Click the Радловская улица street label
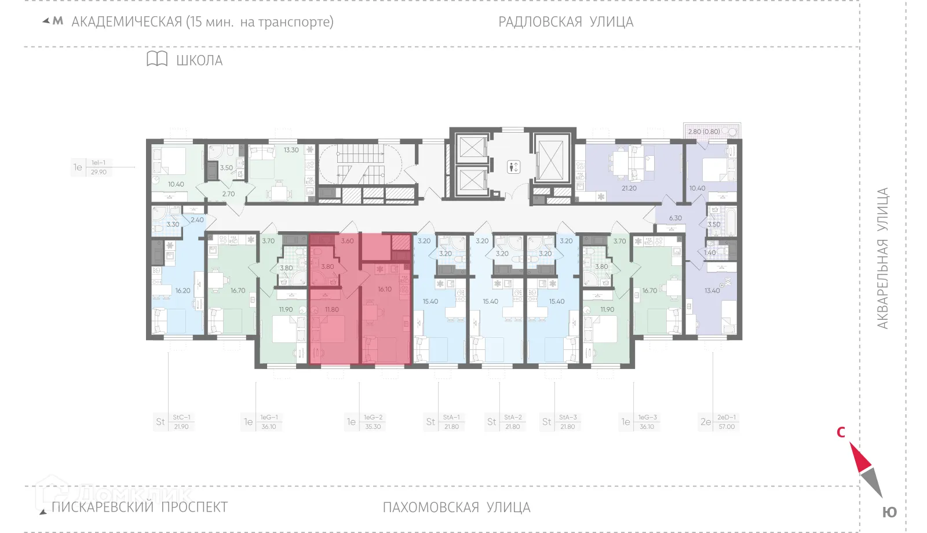[565, 22]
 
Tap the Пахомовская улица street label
[456, 508]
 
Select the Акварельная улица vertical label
[882, 258]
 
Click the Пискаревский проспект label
[139, 507]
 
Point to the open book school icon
[157, 59]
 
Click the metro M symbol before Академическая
[57, 21]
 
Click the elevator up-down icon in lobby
[513, 167]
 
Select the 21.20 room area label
[629, 188]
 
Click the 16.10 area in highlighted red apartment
[385, 289]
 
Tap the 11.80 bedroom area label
[331, 309]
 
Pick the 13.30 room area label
[291, 150]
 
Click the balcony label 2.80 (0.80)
[704, 132]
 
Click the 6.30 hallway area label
[675, 218]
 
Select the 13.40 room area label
[711, 290]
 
